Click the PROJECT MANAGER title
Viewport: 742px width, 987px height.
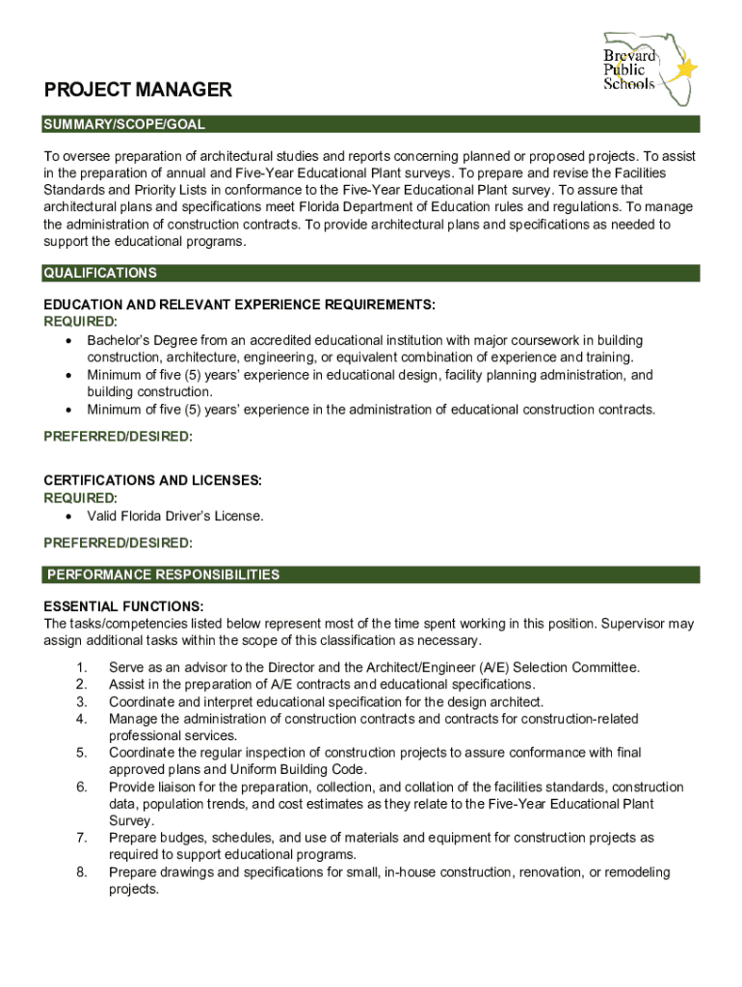point(138,91)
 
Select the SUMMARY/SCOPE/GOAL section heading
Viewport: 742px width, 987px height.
point(124,125)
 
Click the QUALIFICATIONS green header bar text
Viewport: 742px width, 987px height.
point(100,274)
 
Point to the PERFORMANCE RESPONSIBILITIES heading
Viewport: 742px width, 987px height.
point(163,575)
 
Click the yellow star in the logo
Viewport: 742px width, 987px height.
point(687,69)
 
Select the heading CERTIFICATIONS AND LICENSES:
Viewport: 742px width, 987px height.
point(152,480)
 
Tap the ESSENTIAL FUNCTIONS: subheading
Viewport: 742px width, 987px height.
point(123,606)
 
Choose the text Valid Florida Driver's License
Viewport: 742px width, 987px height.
point(175,517)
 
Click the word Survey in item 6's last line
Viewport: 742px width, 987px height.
point(130,821)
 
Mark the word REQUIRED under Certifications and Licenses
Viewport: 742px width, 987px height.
point(79,498)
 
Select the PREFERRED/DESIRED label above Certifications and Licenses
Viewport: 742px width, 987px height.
point(119,437)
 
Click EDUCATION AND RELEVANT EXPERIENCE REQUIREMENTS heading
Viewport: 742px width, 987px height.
point(240,305)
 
